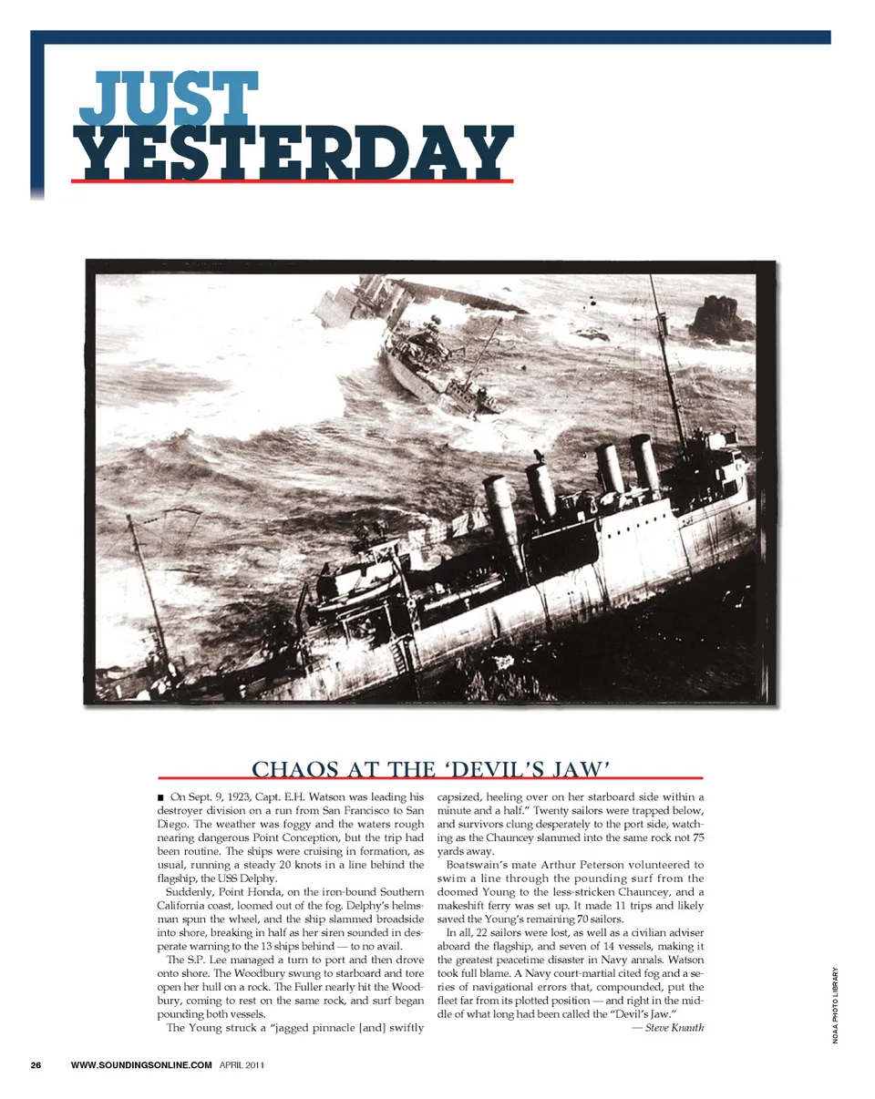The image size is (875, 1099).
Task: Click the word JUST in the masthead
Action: pyautogui.click(x=164, y=96)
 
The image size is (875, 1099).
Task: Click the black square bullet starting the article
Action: pyautogui.click(x=160, y=798)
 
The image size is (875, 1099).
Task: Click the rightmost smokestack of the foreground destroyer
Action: pyautogui.click(x=645, y=463)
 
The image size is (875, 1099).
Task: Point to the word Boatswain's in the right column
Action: pyautogui.click(x=479, y=864)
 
